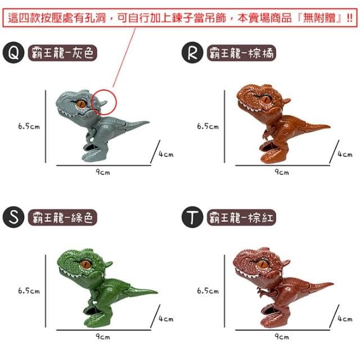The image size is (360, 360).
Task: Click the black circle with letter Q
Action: (x=13, y=52)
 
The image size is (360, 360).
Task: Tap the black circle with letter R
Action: (x=192, y=52)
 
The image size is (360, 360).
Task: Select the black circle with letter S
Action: (x=13, y=217)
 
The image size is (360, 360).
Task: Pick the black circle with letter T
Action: (x=192, y=217)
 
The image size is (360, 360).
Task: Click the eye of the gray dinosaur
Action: (x=82, y=103)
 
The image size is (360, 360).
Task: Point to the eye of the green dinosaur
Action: (x=86, y=263)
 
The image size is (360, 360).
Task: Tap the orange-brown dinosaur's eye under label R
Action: (x=266, y=99)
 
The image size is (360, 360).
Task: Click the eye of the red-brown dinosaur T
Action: (x=263, y=263)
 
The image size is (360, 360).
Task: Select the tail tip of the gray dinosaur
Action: (x=148, y=122)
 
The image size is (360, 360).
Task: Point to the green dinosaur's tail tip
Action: (x=157, y=292)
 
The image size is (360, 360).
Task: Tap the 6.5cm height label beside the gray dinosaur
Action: (x=29, y=126)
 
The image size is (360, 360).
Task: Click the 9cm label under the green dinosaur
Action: (x=102, y=336)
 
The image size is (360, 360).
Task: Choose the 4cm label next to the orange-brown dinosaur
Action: (x=345, y=154)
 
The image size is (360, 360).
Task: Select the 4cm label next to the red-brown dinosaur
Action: (x=345, y=318)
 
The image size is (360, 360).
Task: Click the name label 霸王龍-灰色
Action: (x=62, y=53)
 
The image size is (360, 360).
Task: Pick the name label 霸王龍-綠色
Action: (x=62, y=217)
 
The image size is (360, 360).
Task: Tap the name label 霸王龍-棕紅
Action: (x=241, y=217)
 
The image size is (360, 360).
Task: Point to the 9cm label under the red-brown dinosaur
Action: (x=282, y=336)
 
